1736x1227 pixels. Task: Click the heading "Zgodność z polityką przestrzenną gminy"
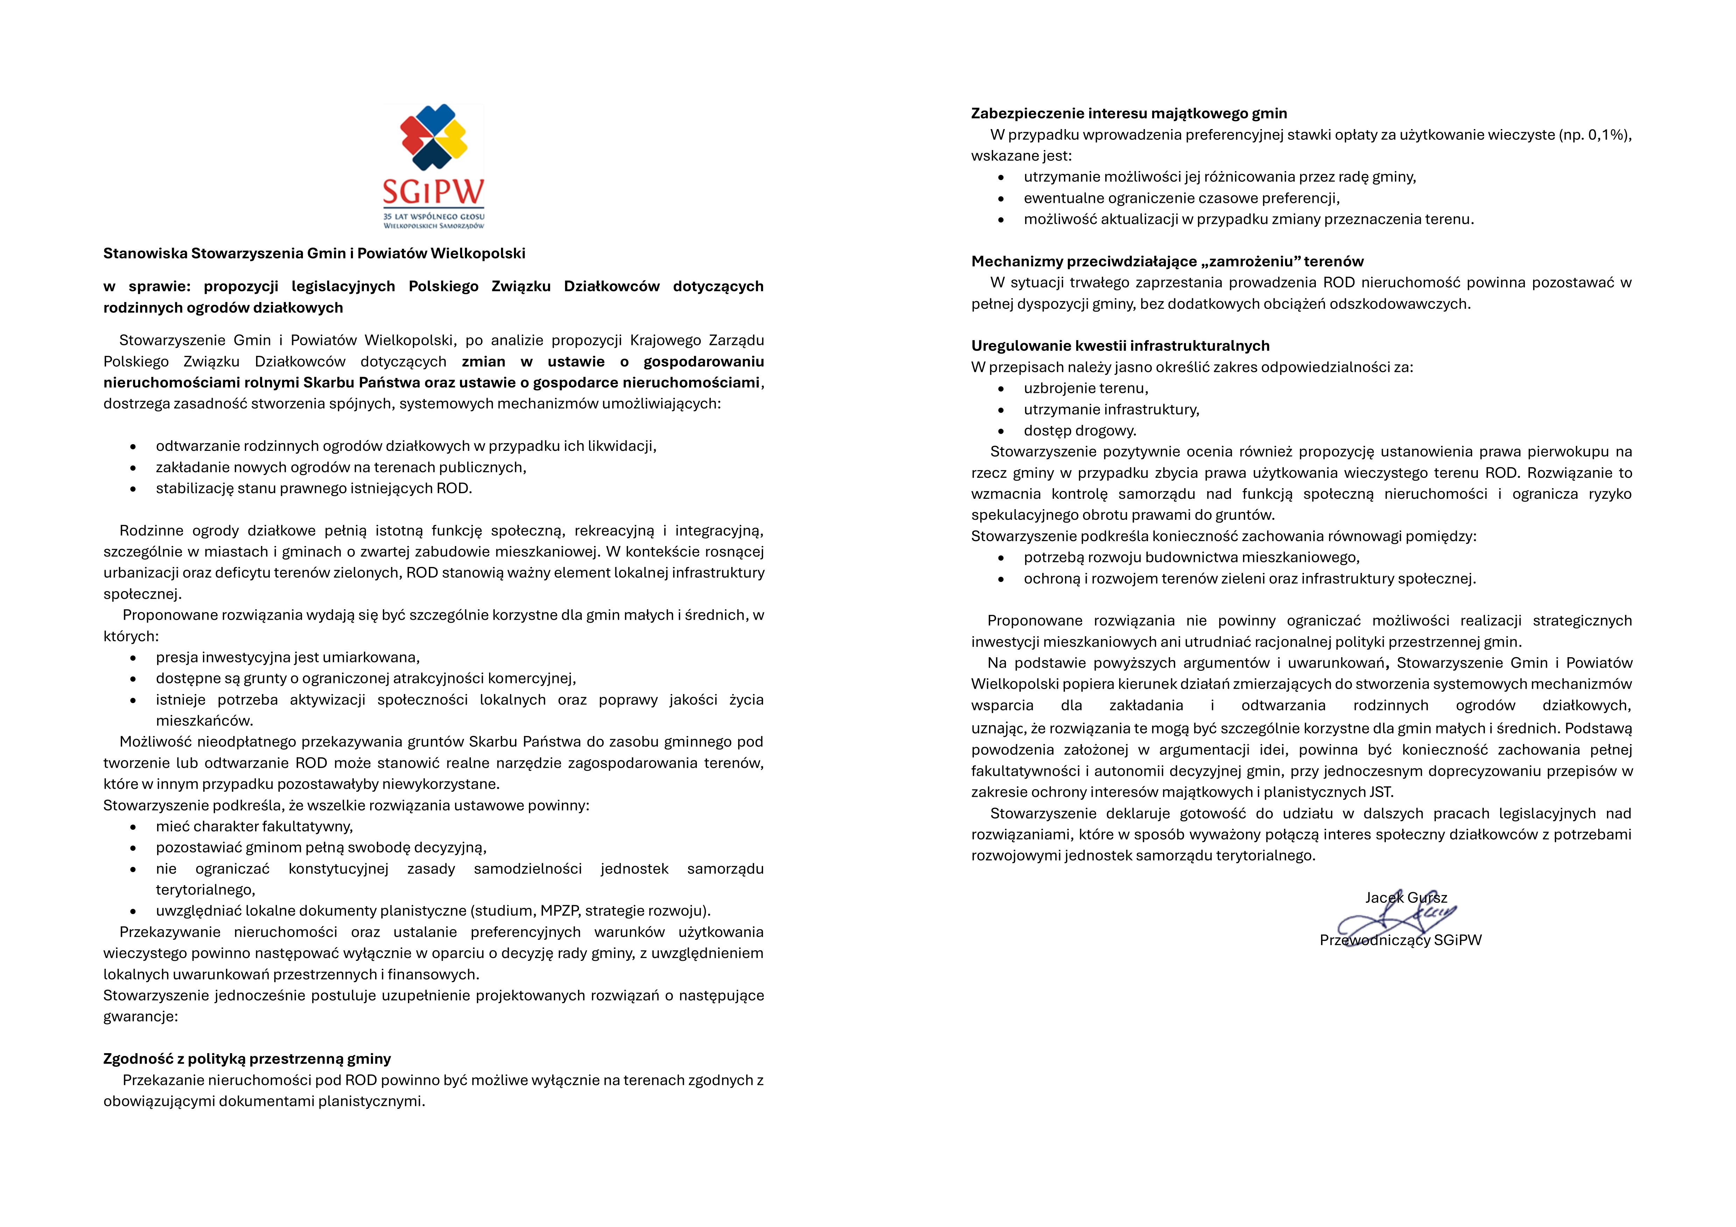(x=247, y=1058)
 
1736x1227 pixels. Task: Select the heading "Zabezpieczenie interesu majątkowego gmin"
(x=1129, y=113)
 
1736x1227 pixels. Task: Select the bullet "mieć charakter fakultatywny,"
(x=254, y=826)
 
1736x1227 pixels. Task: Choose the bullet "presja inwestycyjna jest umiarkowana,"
(x=287, y=657)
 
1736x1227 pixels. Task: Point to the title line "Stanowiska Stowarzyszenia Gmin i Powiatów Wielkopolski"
(x=314, y=253)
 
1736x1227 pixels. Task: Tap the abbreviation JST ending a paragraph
(x=1380, y=792)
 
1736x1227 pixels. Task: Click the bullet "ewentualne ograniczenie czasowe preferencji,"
(x=1181, y=198)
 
